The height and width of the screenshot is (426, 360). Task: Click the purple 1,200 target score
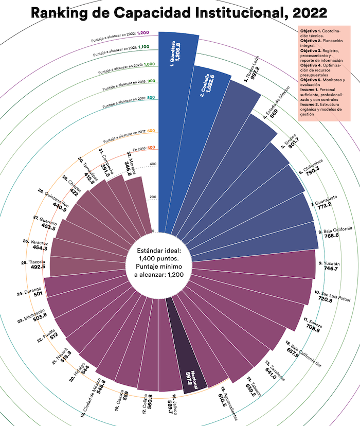click(x=143, y=32)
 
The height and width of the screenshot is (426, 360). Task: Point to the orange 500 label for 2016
click(x=151, y=148)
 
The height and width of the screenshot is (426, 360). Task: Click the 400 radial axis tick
click(x=152, y=165)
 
